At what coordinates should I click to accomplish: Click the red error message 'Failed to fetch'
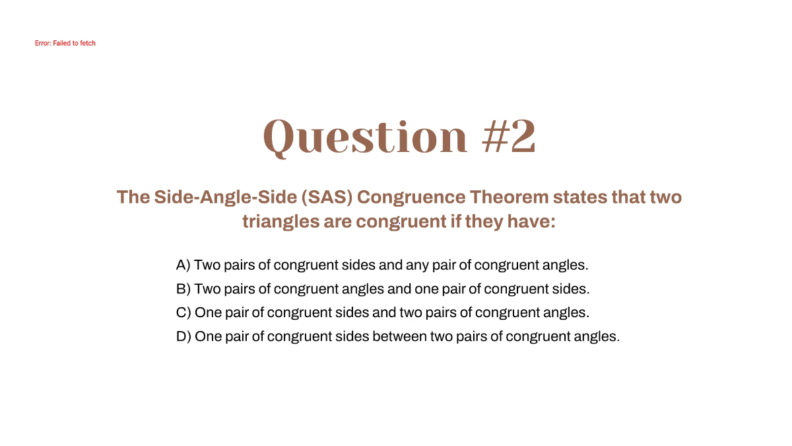tap(65, 44)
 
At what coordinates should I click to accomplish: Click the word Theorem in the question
tap(509, 197)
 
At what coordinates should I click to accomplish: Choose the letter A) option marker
tap(183, 265)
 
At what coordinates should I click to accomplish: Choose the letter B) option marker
tap(183, 289)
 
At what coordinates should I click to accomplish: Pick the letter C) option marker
tap(183, 313)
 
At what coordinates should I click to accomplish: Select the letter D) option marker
tap(183, 336)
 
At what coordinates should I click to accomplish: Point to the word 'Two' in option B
tap(207, 289)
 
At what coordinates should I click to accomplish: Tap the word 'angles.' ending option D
tap(597, 336)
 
